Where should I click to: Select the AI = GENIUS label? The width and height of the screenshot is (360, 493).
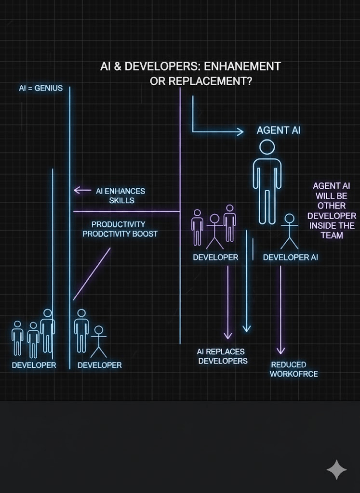tap(40, 89)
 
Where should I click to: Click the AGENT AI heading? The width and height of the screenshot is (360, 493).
tap(279, 130)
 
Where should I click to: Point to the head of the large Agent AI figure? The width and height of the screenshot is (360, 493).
tap(267, 147)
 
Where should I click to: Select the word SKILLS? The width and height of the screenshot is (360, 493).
tap(121, 200)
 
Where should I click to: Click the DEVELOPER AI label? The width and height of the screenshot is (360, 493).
tap(290, 258)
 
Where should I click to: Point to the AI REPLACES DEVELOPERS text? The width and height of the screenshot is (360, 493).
tap(222, 356)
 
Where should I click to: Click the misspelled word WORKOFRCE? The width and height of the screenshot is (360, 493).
tap(293, 374)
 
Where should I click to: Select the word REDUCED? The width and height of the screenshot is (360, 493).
tap(288, 364)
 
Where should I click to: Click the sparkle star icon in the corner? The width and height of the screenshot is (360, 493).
tap(336, 469)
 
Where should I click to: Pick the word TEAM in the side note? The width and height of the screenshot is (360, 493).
tap(332, 235)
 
